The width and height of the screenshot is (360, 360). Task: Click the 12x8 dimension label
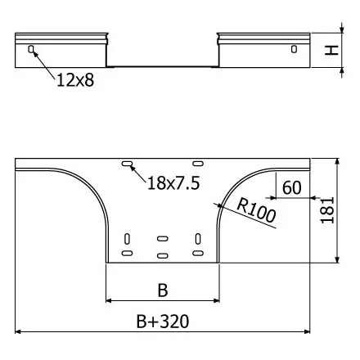(75, 80)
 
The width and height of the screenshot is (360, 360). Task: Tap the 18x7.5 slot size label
(173, 182)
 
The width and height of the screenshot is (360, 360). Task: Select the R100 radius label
(256, 211)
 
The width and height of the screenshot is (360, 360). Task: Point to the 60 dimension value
(292, 187)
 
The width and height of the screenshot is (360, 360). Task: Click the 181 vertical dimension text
(327, 210)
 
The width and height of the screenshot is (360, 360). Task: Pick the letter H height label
(331, 50)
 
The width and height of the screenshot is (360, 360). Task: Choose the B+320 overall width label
(163, 322)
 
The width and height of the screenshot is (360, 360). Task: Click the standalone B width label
(163, 290)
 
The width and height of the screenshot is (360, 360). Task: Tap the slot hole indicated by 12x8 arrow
(31, 49)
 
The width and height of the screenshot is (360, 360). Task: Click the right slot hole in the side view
(294, 49)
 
